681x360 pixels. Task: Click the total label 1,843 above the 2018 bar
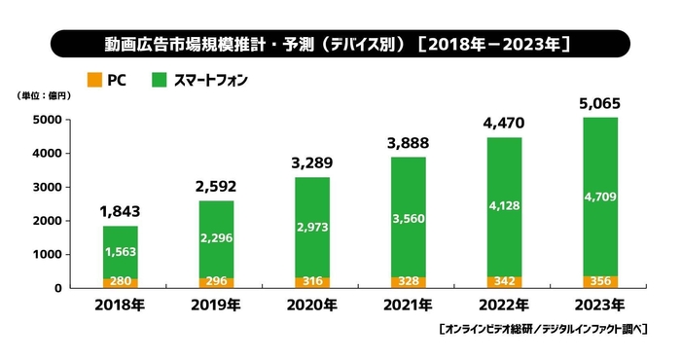point(121,211)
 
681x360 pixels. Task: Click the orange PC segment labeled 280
point(121,282)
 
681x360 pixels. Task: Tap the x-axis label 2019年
point(215,306)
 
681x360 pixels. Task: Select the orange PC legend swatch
point(94,81)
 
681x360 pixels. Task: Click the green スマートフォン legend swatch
point(160,81)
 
